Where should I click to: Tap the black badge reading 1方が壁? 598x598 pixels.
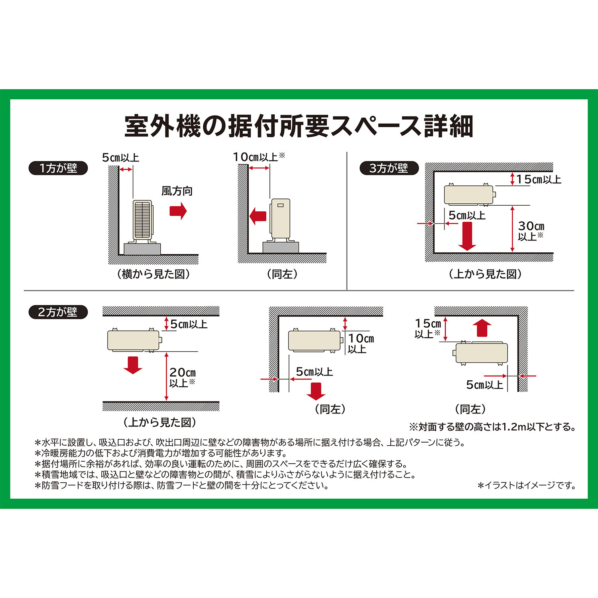click(x=58, y=168)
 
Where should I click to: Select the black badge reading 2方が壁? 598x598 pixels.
click(x=58, y=312)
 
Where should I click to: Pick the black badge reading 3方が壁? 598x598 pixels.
click(x=389, y=168)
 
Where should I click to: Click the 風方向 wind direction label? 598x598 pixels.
click(x=177, y=191)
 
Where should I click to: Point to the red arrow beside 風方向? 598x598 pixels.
click(x=178, y=210)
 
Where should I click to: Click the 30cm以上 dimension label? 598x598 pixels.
click(x=531, y=231)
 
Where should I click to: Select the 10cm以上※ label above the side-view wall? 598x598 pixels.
click(x=259, y=157)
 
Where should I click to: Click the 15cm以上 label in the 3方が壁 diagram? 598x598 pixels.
click(x=539, y=179)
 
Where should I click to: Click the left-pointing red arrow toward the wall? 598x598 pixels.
click(x=258, y=216)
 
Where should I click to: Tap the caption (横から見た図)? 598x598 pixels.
click(x=153, y=274)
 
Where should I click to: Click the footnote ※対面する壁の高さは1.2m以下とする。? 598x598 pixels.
click(x=492, y=427)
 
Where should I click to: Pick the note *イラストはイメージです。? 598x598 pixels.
click(x=527, y=485)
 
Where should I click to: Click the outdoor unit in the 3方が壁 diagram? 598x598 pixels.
click(x=469, y=195)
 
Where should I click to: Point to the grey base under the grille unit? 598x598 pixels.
click(x=142, y=249)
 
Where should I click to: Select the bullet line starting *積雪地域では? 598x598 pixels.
click(x=226, y=474)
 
